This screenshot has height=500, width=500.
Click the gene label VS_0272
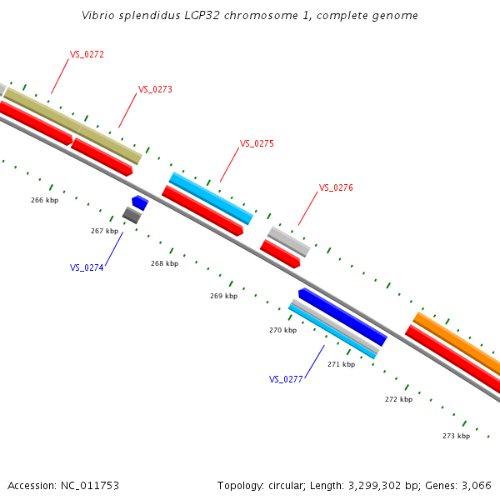pos(87,54)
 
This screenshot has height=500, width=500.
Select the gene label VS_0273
pos(155,89)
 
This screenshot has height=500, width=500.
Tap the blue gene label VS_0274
pos(87,267)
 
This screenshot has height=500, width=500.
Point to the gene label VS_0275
pos(257,143)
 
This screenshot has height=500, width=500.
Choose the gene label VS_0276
pos(336,187)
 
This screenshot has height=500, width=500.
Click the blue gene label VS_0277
pos(286,379)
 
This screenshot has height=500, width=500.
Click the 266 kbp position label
pos(44,200)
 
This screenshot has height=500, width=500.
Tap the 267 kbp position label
pos(104,231)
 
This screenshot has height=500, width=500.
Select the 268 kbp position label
pos(164,263)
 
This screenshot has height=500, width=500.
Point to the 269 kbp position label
pos(223,296)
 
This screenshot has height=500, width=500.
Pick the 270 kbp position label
pos(282,330)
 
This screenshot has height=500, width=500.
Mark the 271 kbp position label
pos(341,364)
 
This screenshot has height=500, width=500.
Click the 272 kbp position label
pos(398,399)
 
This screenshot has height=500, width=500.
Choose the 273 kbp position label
pos(456,436)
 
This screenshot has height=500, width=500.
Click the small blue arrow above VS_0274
pos(140,202)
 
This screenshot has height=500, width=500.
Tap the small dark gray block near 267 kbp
pos(132,215)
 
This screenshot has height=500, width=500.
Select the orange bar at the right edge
pos(457,343)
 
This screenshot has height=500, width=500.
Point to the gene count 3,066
pos(476,485)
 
